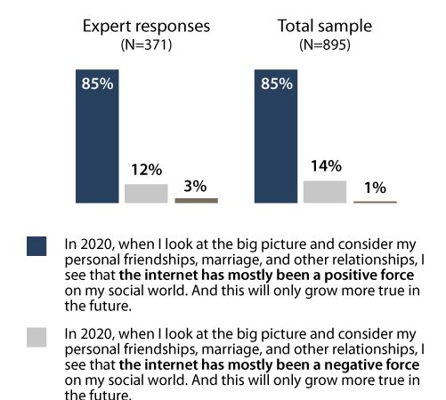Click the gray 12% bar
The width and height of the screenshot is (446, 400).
click(146, 194)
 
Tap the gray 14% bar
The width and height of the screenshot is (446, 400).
click(325, 192)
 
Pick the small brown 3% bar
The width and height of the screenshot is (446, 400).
click(196, 201)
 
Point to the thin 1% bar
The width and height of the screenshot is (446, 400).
click(375, 203)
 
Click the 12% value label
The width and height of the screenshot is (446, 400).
click(146, 170)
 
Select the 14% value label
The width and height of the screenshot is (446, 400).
click(325, 166)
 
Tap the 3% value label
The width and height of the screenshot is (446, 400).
click(196, 186)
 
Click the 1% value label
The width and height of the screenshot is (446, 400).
click(375, 188)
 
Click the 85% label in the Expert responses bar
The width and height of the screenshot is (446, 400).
click(95, 87)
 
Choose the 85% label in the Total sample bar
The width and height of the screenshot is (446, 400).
click(275, 87)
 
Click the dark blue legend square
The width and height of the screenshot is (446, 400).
click(36, 246)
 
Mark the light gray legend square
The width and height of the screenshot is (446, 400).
click(36, 337)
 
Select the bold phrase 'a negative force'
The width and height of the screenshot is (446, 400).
click(373, 364)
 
